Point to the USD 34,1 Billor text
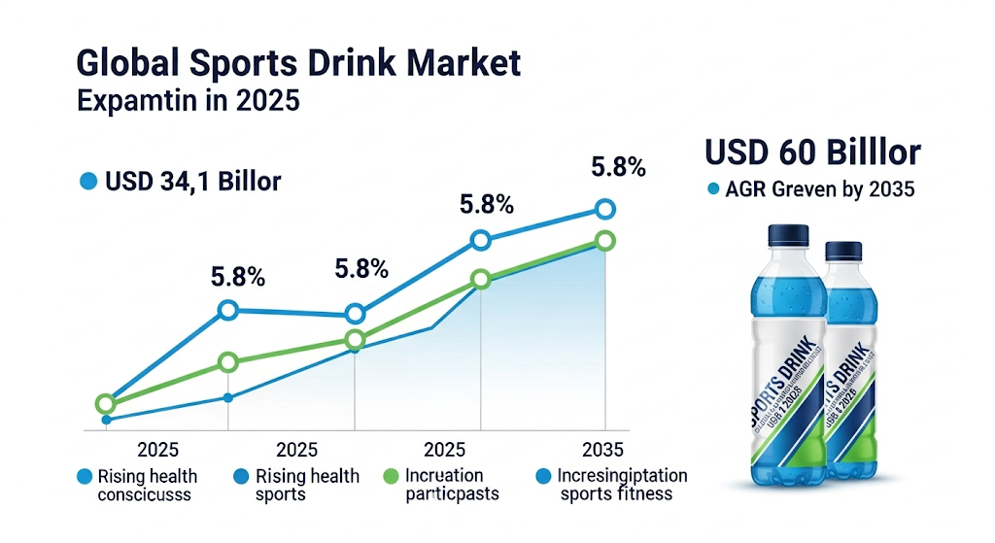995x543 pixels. point(192,181)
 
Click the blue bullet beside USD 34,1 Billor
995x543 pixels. point(88,181)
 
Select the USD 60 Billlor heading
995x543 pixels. point(812,153)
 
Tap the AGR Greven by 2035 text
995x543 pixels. point(819,189)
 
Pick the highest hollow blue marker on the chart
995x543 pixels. point(605,209)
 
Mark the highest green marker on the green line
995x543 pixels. point(605,241)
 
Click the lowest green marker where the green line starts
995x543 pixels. point(105,404)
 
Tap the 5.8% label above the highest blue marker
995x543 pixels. point(618,167)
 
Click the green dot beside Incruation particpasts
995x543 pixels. point(392,477)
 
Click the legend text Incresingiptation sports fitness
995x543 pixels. point(622,485)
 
